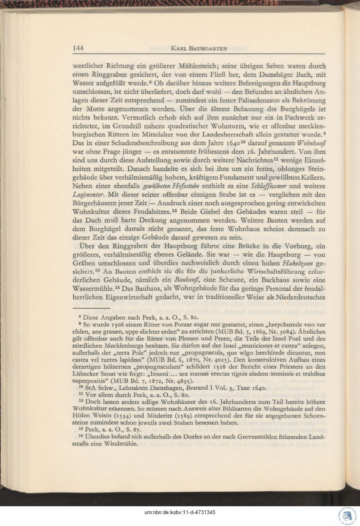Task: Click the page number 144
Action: (x=78, y=48)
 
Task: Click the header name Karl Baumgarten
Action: (x=199, y=49)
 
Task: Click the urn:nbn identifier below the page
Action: (x=180, y=512)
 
